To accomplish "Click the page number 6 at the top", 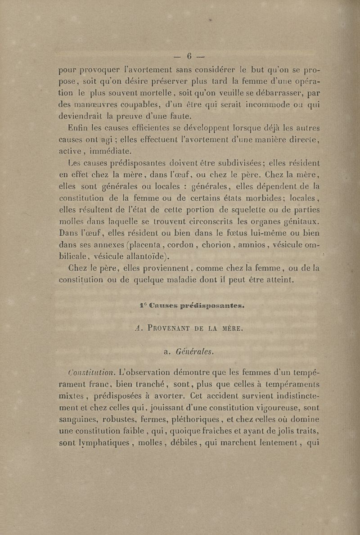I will pyautogui.click(x=189, y=56).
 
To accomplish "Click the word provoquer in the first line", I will pyautogui.click(x=99, y=71).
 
